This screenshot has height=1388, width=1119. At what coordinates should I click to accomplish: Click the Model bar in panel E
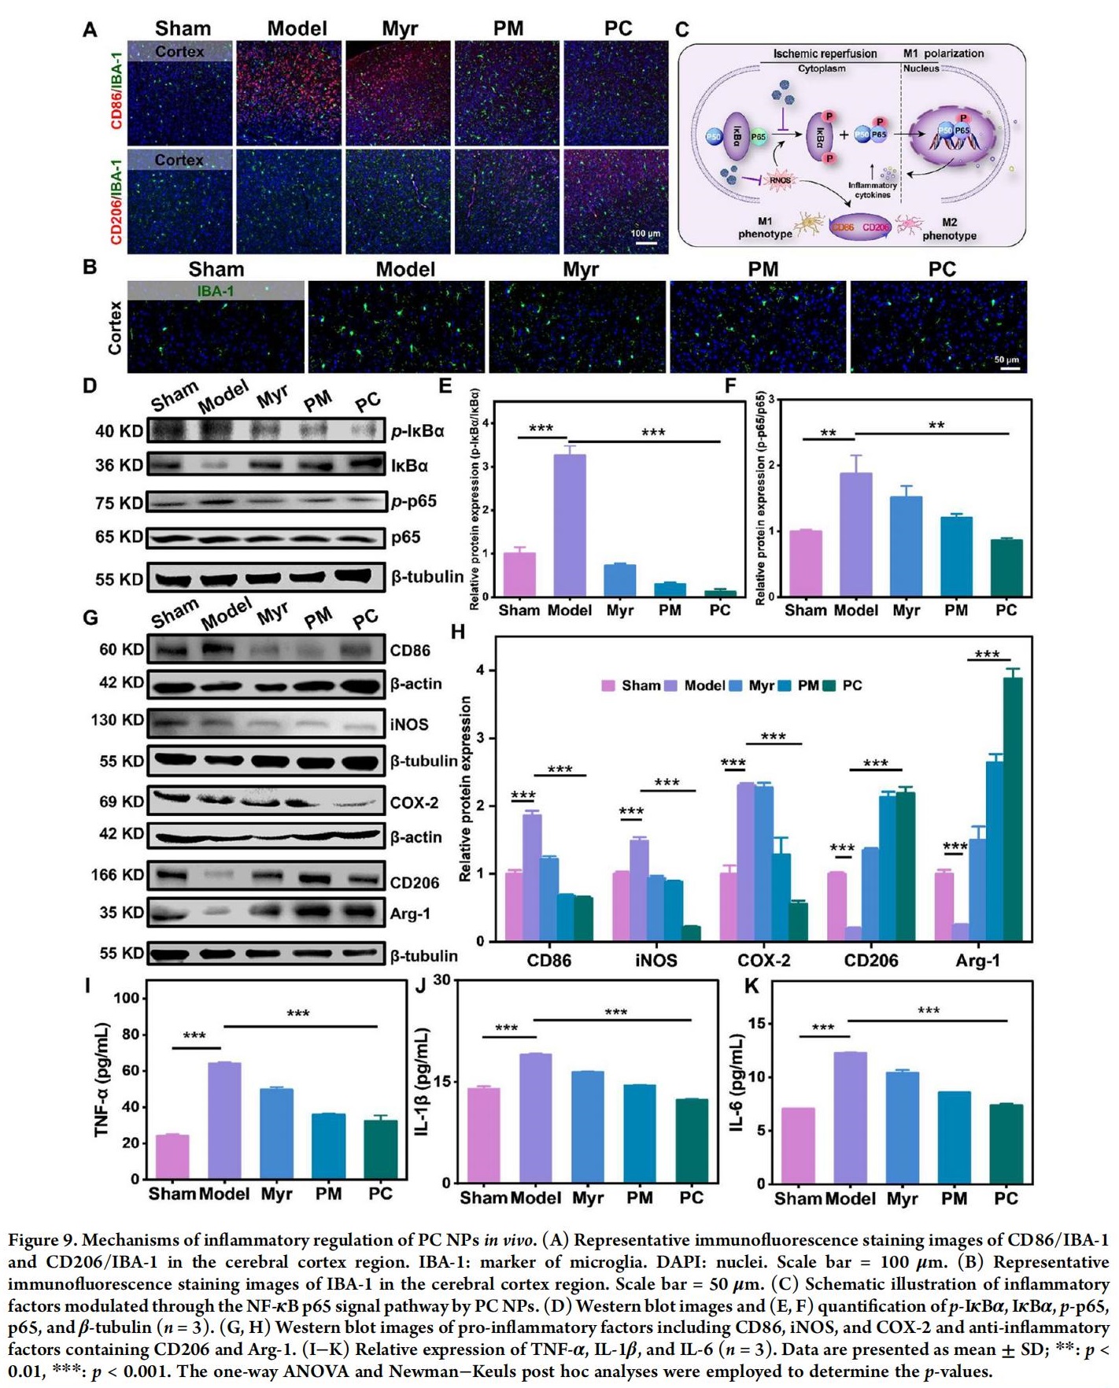(x=570, y=525)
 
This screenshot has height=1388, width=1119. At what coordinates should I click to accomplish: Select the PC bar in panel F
(x=1006, y=567)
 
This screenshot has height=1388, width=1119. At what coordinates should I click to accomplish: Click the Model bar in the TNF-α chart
(x=224, y=1120)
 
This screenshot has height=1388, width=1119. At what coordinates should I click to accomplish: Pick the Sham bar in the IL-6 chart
(x=798, y=1145)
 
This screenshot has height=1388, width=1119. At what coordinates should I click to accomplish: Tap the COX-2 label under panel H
(x=763, y=960)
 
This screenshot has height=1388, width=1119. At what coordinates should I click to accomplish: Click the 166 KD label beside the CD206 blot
(x=118, y=874)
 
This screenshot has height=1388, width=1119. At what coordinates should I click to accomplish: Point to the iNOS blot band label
(x=409, y=724)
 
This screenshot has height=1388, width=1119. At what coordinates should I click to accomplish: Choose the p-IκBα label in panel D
(x=418, y=431)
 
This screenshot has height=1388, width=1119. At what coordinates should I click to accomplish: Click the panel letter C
(x=681, y=30)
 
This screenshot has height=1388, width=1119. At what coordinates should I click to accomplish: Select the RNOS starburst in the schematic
(x=780, y=180)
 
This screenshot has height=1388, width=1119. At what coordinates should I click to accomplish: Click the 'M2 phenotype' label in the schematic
(x=949, y=229)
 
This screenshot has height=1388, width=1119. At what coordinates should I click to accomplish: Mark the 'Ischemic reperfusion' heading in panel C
(x=825, y=54)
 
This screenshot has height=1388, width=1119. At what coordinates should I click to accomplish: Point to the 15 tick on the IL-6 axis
(x=757, y=1024)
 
